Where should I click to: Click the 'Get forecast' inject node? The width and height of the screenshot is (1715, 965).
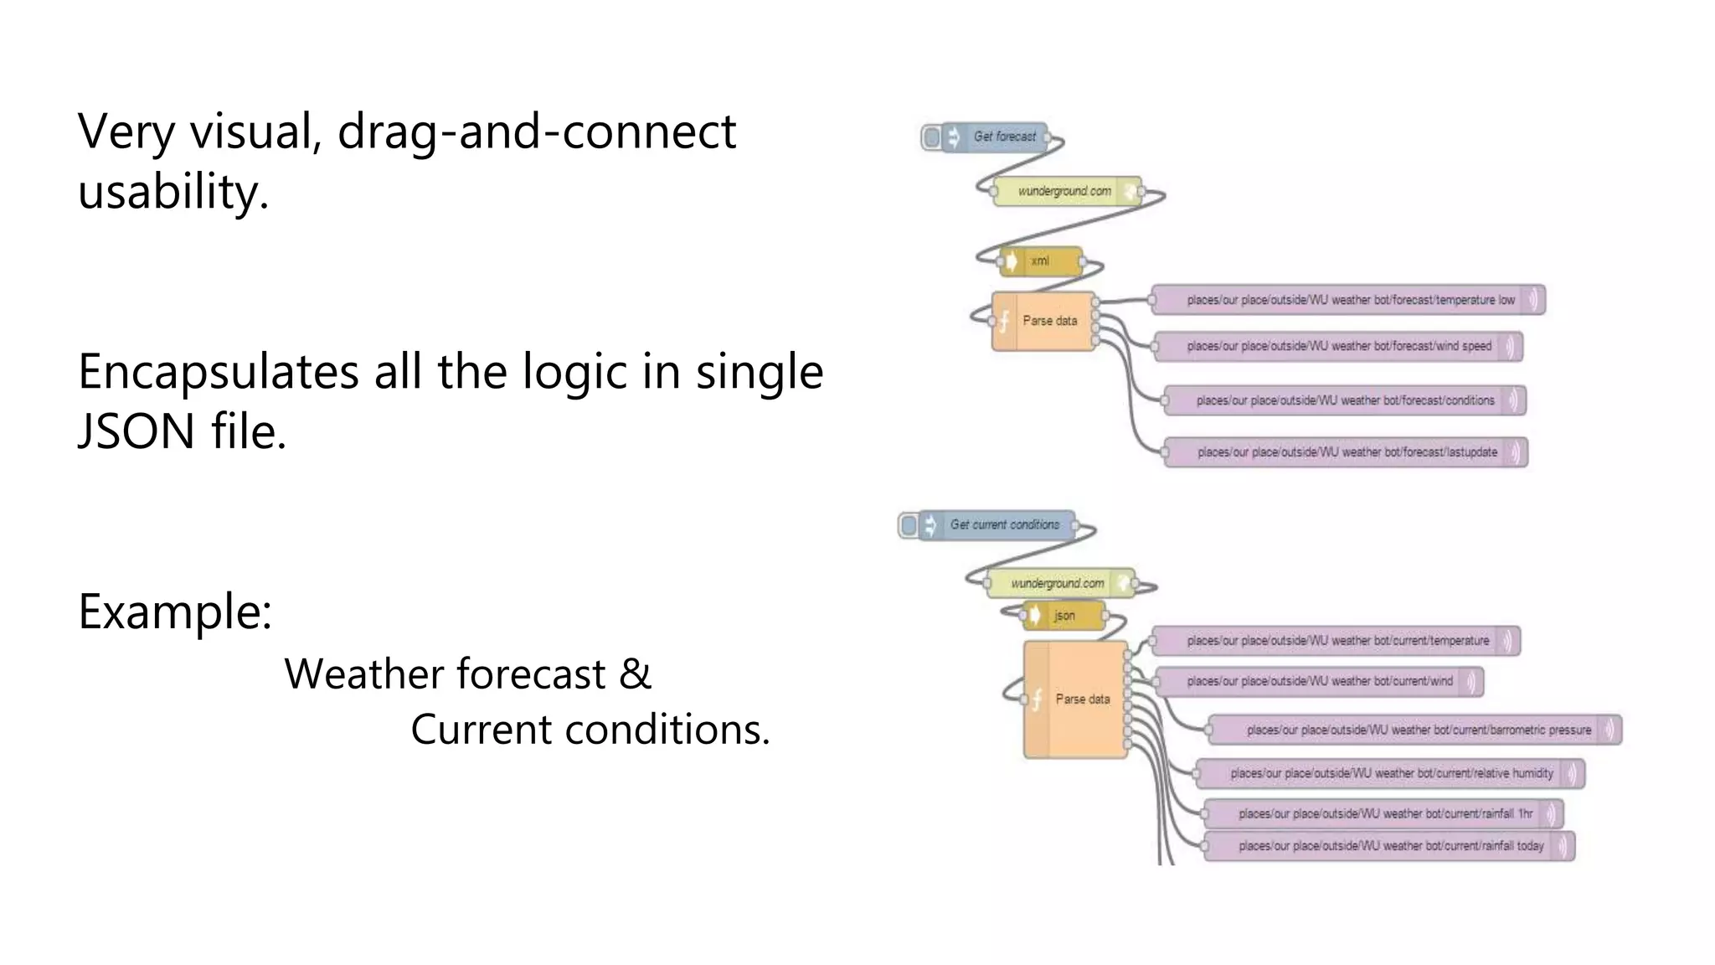[x=997, y=137]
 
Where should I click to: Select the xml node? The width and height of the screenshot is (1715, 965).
[x=1041, y=261]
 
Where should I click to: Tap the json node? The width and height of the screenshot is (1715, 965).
[x=1064, y=616]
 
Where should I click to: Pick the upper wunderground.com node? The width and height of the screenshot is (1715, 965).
[x=1066, y=191]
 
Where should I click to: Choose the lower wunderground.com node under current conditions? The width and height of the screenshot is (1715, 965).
[x=1059, y=583]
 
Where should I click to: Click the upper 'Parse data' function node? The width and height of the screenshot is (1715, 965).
[x=1044, y=321]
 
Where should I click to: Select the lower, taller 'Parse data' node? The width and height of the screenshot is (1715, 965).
[x=1076, y=699]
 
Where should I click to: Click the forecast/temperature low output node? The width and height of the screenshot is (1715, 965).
[x=1348, y=300]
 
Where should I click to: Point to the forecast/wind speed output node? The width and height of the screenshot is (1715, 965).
[x=1337, y=346]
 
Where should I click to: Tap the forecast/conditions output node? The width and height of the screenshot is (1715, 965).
[x=1345, y=400]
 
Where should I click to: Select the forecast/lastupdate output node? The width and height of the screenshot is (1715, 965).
[x=1346, y=452]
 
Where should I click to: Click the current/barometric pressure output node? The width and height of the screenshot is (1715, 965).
[x=1415, y=730]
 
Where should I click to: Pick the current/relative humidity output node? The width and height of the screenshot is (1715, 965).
[x=1390, y=773]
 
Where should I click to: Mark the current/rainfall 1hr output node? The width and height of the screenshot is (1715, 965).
[x=1383, y=813]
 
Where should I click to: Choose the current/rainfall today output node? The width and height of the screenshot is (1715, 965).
[x=1389, y=846]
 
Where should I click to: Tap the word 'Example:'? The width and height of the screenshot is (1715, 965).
[x=174, y=612]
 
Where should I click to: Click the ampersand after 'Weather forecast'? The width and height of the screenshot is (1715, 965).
[x=635, y=674]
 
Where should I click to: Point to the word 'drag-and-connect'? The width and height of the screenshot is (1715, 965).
[x=536, y=132]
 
